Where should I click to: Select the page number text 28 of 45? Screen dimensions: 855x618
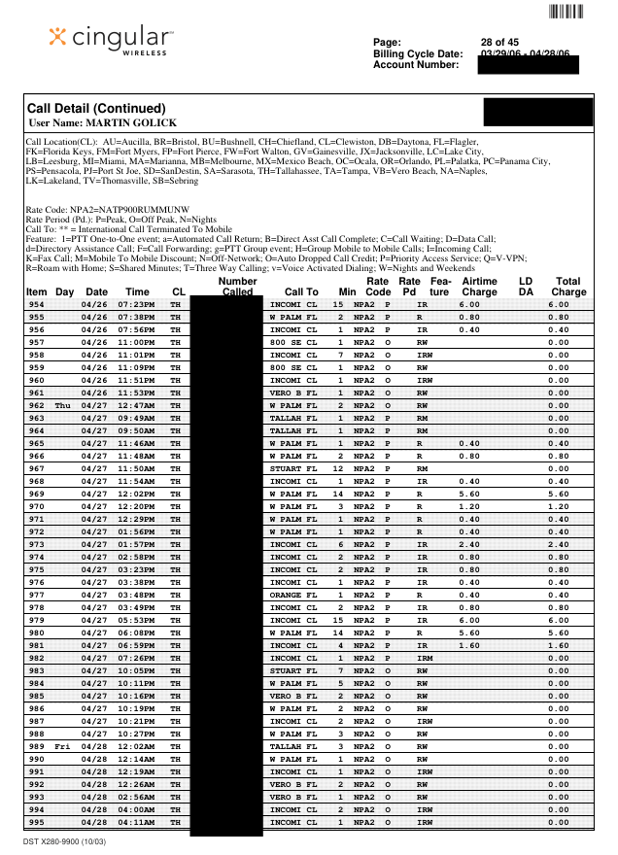pos(499,43)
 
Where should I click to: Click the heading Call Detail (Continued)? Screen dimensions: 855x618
pos(97,108)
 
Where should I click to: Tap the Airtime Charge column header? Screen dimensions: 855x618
pos(479,287)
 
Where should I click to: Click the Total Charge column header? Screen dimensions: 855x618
pos(568,287)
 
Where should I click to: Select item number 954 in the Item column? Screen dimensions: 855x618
pos(36,304)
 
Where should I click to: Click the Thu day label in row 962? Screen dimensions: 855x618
pos(63,405)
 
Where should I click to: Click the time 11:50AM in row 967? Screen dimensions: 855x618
pos(137,468)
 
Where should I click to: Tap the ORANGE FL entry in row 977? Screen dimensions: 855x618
pos(292,595)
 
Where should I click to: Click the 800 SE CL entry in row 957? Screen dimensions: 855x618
pos(292,342)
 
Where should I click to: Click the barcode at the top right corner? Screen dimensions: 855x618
pos(566,12)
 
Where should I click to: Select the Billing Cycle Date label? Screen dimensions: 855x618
pos(418,53)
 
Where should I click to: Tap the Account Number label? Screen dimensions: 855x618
pos(415,64)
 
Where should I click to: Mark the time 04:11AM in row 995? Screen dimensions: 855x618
pos(137,822)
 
